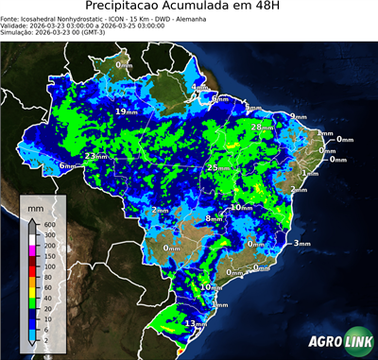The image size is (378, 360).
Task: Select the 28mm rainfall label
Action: tap(260, 127)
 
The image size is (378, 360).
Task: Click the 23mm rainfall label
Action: tap(94, 157)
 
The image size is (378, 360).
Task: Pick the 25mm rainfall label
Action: tap(219, 167)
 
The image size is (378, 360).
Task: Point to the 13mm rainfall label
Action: tap(195, 323)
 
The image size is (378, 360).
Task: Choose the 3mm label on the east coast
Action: tap(301, 244)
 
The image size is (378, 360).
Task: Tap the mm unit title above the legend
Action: tap(34, 207)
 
